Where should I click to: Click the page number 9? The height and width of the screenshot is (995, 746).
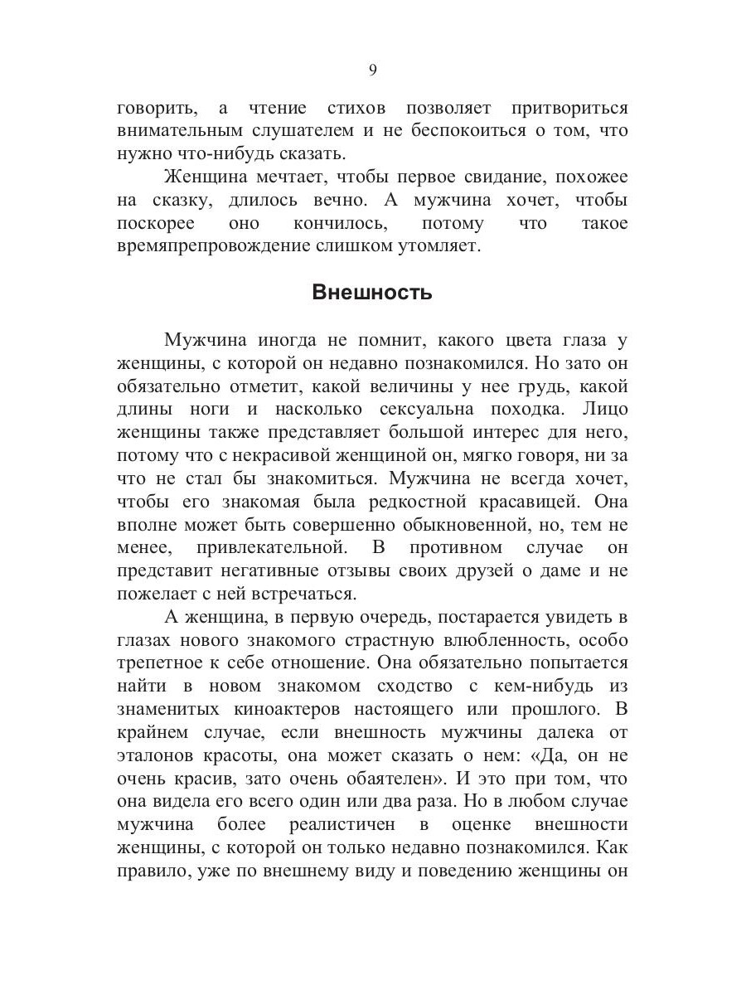[x=372, y=70]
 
